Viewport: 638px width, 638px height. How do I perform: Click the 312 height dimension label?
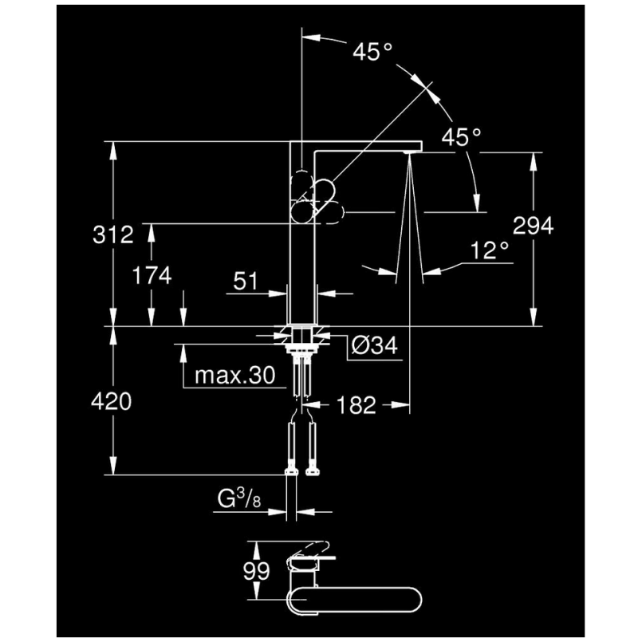pos(113,234)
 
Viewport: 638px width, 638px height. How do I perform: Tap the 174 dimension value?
pos(152,275)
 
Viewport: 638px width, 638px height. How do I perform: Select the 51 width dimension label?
pos(246,281)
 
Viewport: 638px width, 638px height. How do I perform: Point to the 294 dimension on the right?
pos(533,226)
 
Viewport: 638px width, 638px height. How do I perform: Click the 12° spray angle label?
pos(490,250)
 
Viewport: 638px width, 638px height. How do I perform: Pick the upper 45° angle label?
pos(372,52)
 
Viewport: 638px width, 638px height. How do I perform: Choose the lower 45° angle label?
pos(462,136)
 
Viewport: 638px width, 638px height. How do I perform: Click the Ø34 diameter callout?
pos(374,346)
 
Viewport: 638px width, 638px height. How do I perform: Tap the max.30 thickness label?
pos(235,375)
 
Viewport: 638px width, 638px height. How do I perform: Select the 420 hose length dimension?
pos(111,402)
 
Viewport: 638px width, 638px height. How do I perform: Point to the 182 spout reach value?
pos(356,405)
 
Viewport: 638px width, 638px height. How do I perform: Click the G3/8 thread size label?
pos(238,498)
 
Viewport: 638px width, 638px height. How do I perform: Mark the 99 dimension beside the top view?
pos(256,571)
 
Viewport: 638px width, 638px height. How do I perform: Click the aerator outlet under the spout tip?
pos(409,152)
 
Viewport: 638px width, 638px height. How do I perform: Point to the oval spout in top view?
pos(354,601)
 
